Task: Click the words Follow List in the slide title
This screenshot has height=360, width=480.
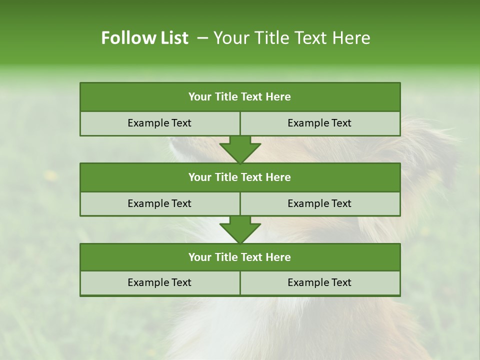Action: click(144, 38)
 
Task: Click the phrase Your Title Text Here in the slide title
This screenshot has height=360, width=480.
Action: click(292, 38)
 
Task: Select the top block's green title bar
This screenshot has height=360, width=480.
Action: click(240, 97)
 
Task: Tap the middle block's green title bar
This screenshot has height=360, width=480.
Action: click(240, 177)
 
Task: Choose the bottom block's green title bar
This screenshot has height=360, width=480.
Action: click(240, 257)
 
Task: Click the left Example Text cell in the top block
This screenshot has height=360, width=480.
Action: click(159, 123)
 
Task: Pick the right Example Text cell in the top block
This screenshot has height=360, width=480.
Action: click(319, 123)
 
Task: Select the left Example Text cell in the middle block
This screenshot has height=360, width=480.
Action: click(159, 203)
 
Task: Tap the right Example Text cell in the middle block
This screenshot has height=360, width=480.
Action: click(319, 203)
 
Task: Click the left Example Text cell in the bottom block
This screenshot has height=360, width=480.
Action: click(159, 283)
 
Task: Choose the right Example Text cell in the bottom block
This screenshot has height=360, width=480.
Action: click(319, 283)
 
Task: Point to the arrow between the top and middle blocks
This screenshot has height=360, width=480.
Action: click(240, 149)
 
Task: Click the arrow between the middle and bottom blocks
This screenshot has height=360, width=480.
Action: click(240, 229)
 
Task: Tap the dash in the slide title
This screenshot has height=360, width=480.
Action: click(202, 38)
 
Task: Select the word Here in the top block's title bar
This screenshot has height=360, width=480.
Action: click(278, 97)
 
